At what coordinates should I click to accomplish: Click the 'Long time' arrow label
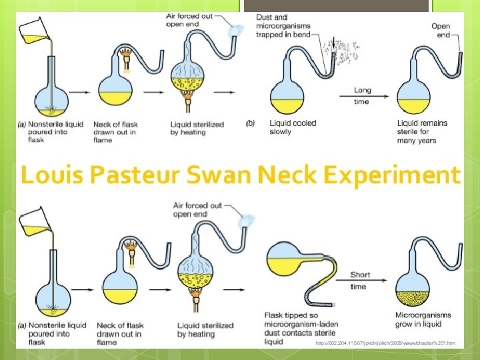pyautogui.click(x=363, y=95)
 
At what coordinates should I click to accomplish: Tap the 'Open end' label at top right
pyautogui.click(x=441, y=31)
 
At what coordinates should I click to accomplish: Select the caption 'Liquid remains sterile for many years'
pyautogui.click(x=423, y=131)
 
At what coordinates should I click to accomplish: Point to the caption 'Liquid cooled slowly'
pyautogui.click(x=293, y=127)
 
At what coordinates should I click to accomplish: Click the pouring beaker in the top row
pyautogui.click(x=33, y=31)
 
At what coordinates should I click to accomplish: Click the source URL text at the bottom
pyautogui.click(x=385, y=343)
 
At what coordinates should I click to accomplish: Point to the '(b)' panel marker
pyautogui.click(x=251, y=123)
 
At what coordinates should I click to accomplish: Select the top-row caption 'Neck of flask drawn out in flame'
pyautogui.click(x=121, y=132)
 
